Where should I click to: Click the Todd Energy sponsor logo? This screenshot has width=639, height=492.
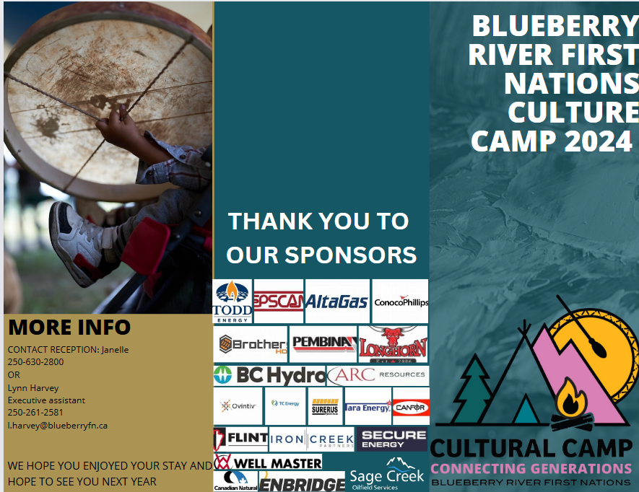pyautogui.click(x=232, y=301)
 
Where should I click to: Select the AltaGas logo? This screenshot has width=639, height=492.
pyautogui.click(x=337, y=302)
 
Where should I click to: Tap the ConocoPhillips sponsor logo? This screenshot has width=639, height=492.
pyautogui.click(x=401, y=302)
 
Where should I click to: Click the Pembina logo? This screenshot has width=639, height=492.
pyautogui.click(x=323, y=343)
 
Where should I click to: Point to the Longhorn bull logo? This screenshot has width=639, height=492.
pyautogui.click(x=394, y=343)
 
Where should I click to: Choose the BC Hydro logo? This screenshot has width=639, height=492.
pyautogui.click(x=270, y=375)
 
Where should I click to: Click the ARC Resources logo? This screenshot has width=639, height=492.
pyautogui.click(x=378, y=375)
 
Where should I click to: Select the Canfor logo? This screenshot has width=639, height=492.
pyautogui.click(x=411, y=407)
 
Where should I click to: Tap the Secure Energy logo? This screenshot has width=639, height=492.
pyautogui.click(x=392, y=439)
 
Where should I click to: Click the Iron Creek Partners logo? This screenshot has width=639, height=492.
pyautogui.click(x=312, y=439)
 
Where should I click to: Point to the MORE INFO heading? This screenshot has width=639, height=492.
pyautogui.click(x=69, y=328)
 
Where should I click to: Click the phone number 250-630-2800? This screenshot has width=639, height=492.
pyautogui.click(x=35, y=362)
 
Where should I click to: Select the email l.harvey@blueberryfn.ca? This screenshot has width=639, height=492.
pyautogui.click(x=58, y=426)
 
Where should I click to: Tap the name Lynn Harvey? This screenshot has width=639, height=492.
pyautogui.click(x=33, y=387)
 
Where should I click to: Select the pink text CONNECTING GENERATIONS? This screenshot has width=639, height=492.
pyautogui.click(x=531, y=468)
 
